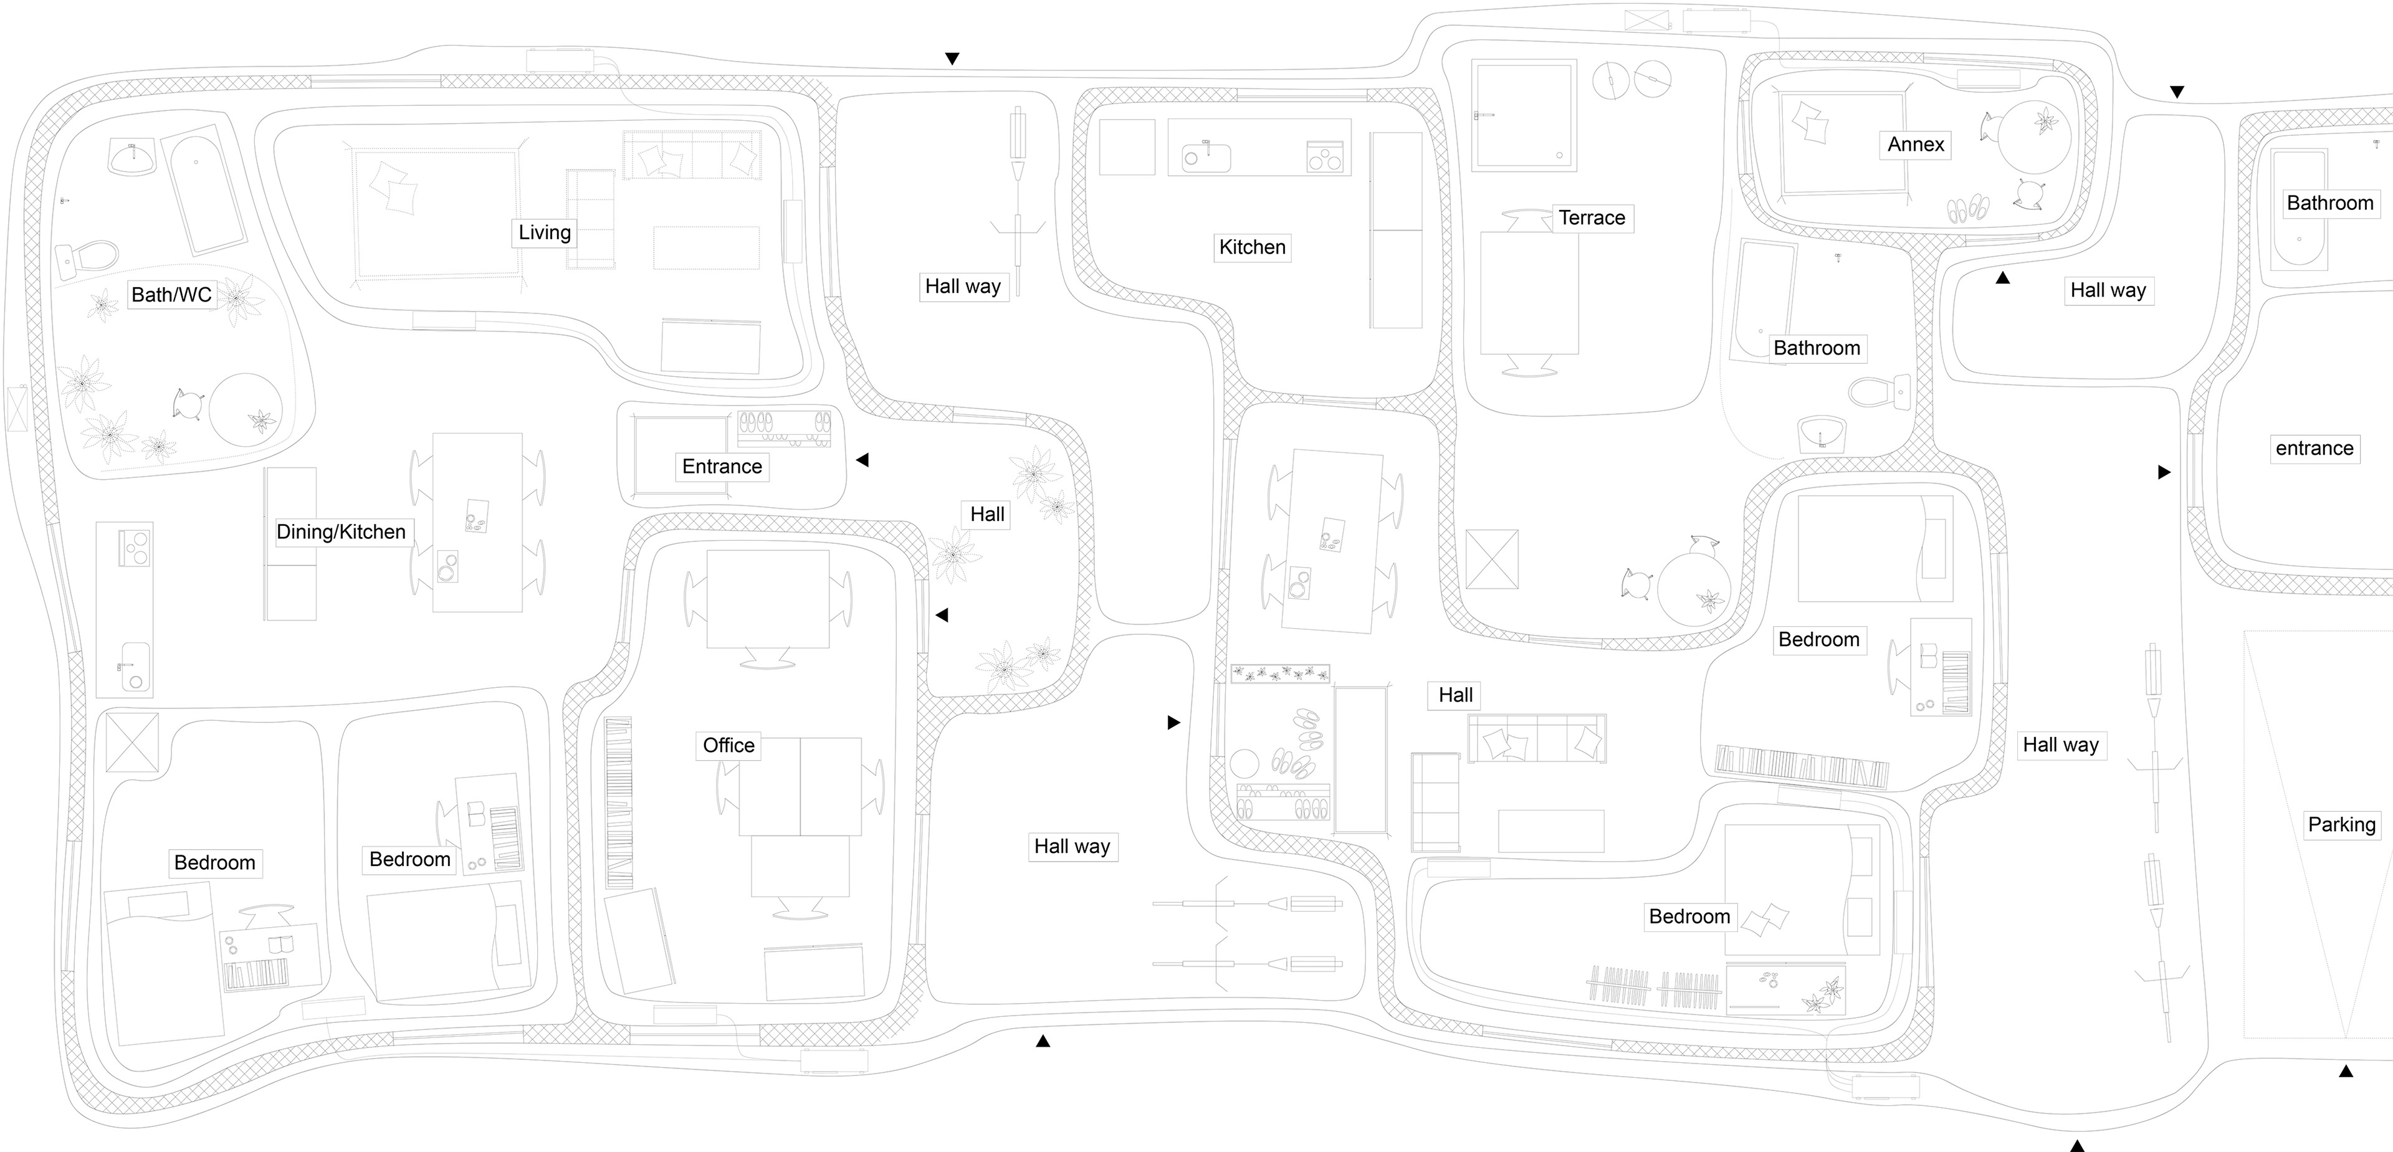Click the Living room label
(545, 232)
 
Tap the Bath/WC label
(172, 295)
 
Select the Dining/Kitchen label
(341, 531)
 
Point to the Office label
(728, 745)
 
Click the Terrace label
(1592, 217)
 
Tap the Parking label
(2341, 824)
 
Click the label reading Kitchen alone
(1252, 247)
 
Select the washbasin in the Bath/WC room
(133, 157)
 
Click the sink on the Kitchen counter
(1205, 156)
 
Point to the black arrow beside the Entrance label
(862, 460)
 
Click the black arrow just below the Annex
(2003, 277)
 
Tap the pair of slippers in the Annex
(1967, 210)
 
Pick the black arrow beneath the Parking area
(2346, 1071)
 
